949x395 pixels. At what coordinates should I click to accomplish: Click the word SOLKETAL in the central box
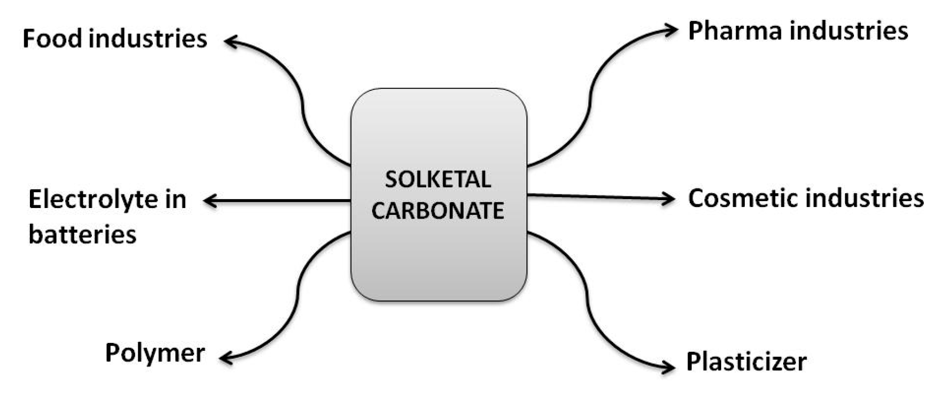[x=438, y=180]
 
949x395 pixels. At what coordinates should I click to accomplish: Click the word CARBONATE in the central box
[x=438, y=211]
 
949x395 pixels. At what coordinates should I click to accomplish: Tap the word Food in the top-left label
[x=52, y=38]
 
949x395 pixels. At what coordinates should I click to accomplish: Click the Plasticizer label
[x=746, y=362]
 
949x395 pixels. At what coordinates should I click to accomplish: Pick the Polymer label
[x=155, y=353]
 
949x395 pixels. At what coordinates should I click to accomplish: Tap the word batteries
[x=82, y=234]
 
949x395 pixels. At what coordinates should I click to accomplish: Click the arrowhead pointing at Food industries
[x=229, y=41]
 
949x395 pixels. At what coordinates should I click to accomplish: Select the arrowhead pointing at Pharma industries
[x=672, y=30]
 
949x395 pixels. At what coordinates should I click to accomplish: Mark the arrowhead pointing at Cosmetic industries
[x=670, y=199]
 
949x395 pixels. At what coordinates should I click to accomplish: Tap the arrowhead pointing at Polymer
[x=225, y=359]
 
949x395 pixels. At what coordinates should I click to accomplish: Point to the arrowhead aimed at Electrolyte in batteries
[x=208, y=201]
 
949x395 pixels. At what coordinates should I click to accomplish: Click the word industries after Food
[x=147, y=38]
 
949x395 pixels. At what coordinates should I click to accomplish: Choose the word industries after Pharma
[x=849, y=31]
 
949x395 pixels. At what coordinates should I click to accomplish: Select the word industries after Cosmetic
[x=864, y=199]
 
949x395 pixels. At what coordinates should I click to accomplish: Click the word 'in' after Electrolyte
[x=175, y=200]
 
